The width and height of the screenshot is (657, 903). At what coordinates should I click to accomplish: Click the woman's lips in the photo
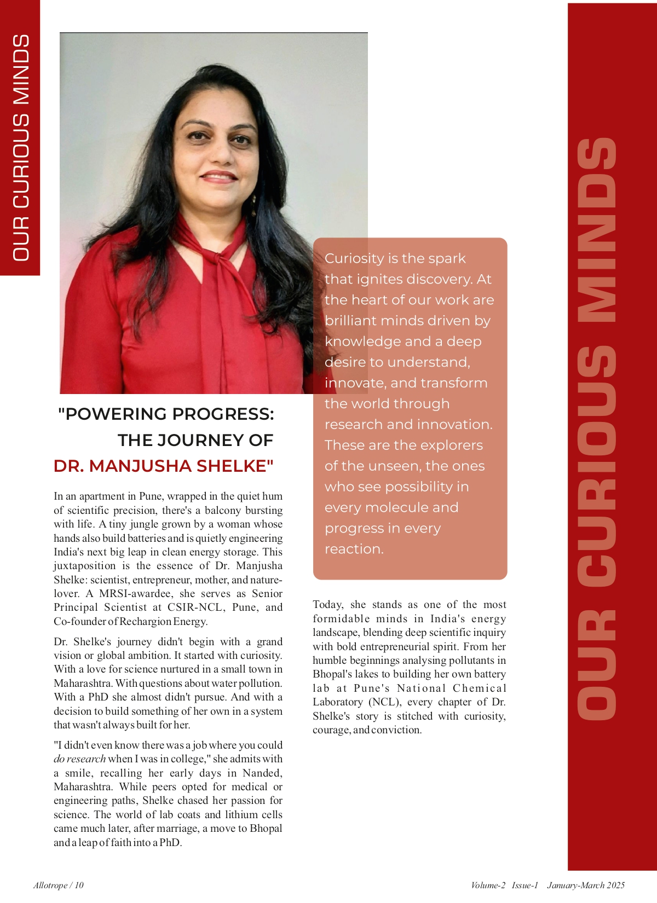[218, 177]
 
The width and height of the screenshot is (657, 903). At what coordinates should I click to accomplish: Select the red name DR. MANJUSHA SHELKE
[163, 466]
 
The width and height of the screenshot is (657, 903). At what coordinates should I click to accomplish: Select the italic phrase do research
[79, 759]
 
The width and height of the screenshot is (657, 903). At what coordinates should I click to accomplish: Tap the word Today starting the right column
[327, 605]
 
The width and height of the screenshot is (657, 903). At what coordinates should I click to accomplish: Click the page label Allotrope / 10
[59, 885]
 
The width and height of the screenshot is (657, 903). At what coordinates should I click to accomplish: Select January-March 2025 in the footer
[585, 885]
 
